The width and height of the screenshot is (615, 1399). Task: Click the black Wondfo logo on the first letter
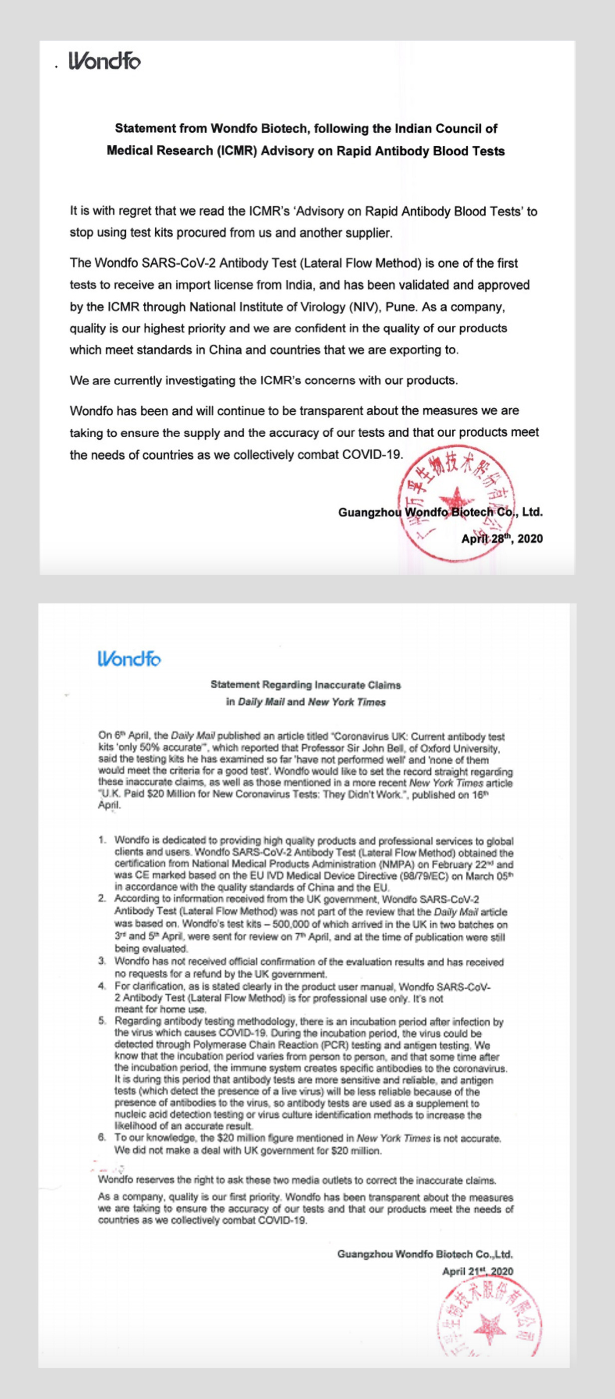pyautogui.click(x=104, y=61)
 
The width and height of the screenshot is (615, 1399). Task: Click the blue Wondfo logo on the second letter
pyautogui.click(x=129, y=659)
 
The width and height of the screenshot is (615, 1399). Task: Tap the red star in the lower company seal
pyautogui.click(x=489, y=1327)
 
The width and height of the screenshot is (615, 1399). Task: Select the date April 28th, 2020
pyautogui.click(x=502, y=539)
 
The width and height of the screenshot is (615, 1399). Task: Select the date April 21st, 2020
pyautogui.click(x=478, y=1271)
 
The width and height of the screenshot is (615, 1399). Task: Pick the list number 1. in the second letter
pyautogui.click(x=103, y=840)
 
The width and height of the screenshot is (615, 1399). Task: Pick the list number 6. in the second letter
pyautogui.click(x=102, y=1138)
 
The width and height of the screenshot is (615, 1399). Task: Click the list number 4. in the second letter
pyautogui.click(x=102, y=986)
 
